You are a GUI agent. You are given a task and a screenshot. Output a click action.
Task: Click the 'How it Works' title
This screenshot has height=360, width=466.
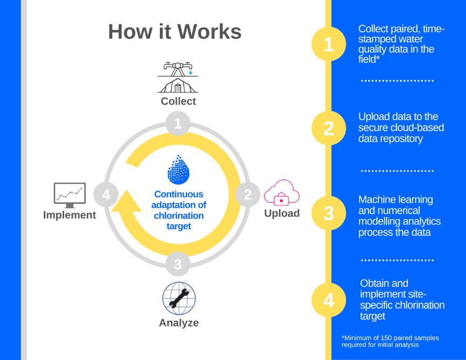click(x=175, y=32)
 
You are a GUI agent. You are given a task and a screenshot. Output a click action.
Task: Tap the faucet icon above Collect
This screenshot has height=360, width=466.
click(x=178, y=69)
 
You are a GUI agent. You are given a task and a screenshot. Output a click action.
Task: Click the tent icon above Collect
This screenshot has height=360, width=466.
click(x=178, y=86)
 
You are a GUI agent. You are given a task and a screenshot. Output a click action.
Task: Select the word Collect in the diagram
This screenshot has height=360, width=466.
click(x=178, y=101)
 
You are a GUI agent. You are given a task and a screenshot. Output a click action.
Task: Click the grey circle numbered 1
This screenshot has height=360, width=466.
click(x=178, y=123)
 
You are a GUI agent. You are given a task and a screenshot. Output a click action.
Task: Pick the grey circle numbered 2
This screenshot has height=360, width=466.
click(x=248, y=195)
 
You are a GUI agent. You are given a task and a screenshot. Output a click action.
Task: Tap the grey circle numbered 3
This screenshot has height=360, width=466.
click(x=178, y=264)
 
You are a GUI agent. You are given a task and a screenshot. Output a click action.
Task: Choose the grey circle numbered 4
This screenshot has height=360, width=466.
click(x=106, y=195)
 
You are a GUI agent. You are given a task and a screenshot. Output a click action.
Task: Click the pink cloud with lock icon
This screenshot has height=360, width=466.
click(x=281, y=192)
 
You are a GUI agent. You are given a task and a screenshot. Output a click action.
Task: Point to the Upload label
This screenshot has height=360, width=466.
click(x=282, y=214)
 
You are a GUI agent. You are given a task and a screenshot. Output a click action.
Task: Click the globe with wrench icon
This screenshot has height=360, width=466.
click(x=179, y=298)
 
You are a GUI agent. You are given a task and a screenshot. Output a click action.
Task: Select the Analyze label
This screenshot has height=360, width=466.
click(x=179, y=323)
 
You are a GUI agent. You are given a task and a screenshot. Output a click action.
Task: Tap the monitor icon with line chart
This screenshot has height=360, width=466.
click(x=70, y=195)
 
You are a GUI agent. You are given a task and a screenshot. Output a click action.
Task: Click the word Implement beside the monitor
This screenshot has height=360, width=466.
click(x=69, y=215)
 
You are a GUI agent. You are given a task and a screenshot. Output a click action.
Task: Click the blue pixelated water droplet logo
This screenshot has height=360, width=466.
click(x=178, y=170)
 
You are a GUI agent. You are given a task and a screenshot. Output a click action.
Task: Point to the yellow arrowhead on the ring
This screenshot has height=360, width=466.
click(x=127, y=202)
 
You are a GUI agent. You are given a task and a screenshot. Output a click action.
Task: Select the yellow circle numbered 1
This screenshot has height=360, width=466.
click(x=329, y=44)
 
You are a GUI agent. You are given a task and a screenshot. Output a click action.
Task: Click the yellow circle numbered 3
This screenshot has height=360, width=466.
click(x=329, y=213)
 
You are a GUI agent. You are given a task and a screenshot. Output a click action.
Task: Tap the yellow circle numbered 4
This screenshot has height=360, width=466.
click(x=329, y=300)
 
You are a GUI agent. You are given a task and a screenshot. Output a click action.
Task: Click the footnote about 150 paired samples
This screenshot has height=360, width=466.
click(x=390, y=341)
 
